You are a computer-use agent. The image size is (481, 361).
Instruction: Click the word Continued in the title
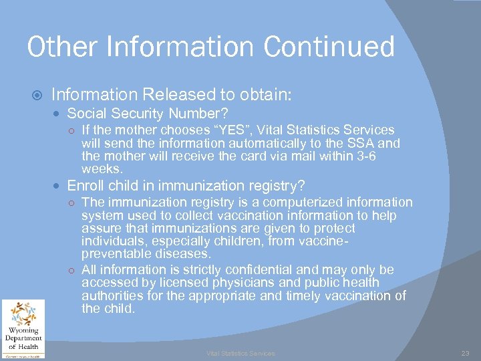329,47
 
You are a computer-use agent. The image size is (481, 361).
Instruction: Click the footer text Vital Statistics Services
240,353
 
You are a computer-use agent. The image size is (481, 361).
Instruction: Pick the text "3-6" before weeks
384,156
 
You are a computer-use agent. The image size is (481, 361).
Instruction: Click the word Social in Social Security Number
87,113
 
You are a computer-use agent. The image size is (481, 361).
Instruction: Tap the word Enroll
87,185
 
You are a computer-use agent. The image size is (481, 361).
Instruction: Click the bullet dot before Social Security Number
60,114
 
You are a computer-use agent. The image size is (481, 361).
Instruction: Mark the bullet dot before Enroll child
60,186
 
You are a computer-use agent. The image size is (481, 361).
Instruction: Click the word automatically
260,143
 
